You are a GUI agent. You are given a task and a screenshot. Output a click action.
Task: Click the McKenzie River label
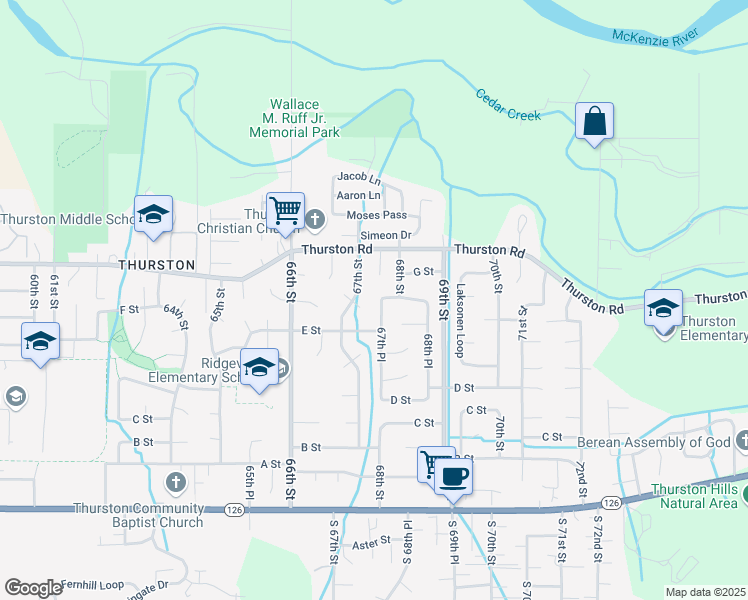tap(656, 38)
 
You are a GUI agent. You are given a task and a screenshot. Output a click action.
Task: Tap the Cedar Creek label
tap(508, 107)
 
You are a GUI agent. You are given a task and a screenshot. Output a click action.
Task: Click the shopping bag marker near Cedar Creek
tap(594, 122)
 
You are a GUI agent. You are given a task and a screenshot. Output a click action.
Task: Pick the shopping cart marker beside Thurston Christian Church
tap(286, 210)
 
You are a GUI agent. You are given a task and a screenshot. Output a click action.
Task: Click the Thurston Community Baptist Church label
tap(138, 515)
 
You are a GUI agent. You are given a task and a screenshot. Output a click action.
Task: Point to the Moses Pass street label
tap(376, 215)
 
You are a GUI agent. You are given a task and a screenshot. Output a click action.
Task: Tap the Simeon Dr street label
tap(386, 235)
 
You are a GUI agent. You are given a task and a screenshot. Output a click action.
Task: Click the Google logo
tap(33, 588)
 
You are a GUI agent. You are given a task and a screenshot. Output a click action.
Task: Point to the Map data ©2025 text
tap(704, 592)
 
